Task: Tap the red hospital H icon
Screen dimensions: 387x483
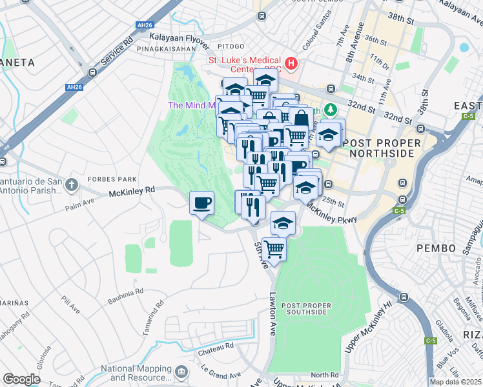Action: pyautogui.click(x=292, y=64)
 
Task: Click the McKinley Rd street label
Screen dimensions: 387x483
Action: pyautogui.click(x=132, y=190)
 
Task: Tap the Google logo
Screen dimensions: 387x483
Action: pyautogui.click(x=21, y=379)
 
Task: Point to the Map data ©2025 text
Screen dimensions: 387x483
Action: pyautogui.click(x=456, y=382)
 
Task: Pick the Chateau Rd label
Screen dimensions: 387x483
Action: pyautogui.click(x=216, y=346)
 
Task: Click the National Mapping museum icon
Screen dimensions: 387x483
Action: pyautogui.click(x=182, y=372)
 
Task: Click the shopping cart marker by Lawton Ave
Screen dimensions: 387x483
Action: pyautogui.click(x=274, y=248)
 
